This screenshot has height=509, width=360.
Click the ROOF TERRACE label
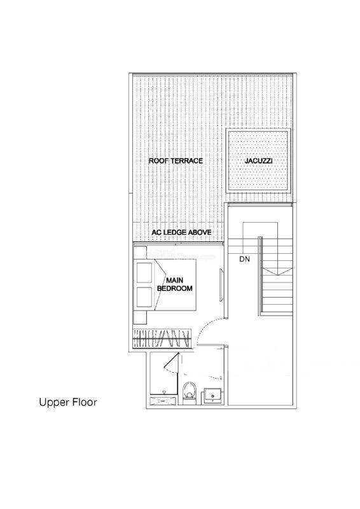(176, 161)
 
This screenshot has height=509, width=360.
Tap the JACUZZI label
(258, 161)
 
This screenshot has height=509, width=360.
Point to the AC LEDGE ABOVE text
(181, 232)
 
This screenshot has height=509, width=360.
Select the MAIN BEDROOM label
(175, 284)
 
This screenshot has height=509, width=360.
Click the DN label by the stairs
(244, 260)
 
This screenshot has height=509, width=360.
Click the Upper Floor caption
(68, 403)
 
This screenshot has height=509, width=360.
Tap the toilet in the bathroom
(190, 393)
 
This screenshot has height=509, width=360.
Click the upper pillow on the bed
(144, 272)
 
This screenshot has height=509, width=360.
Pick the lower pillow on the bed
(144, 297)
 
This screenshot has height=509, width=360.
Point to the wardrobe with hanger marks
(162, 339)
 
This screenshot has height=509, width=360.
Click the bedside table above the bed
(140, 253)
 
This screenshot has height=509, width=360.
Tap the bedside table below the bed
(140, 317)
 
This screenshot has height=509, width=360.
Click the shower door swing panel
(171, 362)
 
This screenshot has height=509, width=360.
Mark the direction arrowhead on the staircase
(271, 272)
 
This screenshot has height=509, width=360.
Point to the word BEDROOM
(175, 288)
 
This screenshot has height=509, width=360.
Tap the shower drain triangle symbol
(164, 393)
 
